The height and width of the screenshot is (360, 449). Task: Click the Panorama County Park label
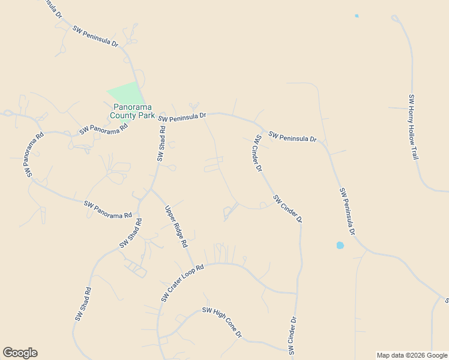click(132, 111)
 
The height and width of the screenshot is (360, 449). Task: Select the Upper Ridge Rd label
click(176, 227)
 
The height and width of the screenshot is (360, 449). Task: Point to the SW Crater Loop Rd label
click(183, 283)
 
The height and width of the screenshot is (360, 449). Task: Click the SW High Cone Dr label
click(221, 322)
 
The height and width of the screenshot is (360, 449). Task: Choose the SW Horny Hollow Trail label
click(413, 126)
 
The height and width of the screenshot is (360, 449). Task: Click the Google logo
click(20, 353)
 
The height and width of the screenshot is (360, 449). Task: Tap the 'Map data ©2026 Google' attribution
click(412, 355)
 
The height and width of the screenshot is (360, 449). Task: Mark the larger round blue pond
click(340, 245)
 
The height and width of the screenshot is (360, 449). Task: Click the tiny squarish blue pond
click(357, 16)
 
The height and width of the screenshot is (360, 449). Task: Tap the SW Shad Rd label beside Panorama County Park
click(161, 143)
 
